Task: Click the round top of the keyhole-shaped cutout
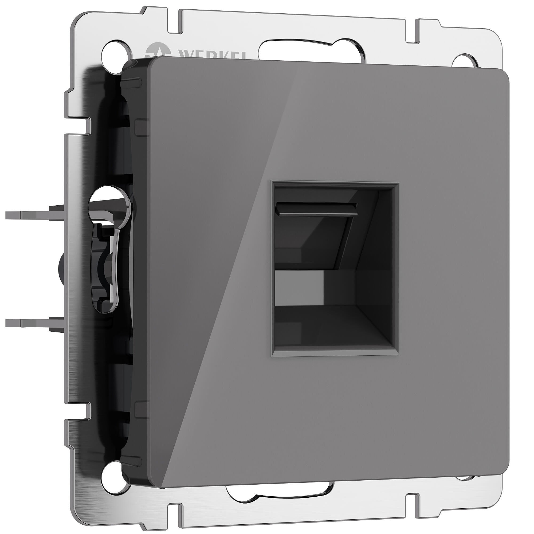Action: coord(109,203)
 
